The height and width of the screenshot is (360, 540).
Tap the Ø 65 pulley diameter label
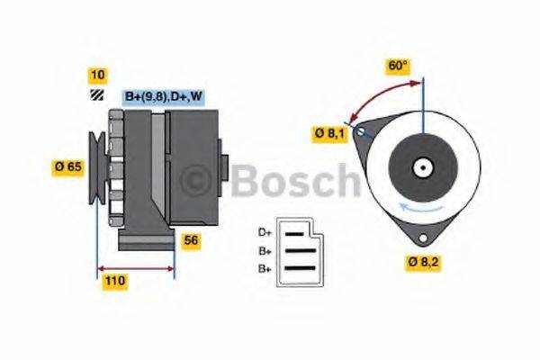(68, 166)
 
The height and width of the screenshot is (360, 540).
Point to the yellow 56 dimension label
(190, 240)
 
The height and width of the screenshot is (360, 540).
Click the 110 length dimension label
(113, 281)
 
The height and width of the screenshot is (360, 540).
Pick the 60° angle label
(398, 66)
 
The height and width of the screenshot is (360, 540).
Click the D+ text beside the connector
(265, 231)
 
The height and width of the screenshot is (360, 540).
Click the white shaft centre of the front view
(421, 166)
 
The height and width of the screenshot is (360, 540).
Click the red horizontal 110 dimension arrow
(135, 268)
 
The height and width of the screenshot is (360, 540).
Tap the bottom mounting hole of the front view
(420, 238)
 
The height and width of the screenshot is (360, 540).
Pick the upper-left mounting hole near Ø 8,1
(361, 132)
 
